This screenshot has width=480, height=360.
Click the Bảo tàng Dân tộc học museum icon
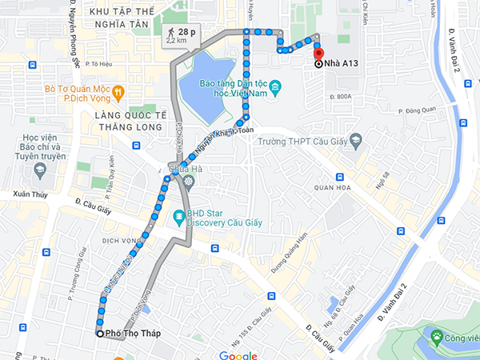tap(274, 86)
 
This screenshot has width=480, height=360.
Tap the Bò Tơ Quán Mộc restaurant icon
tap(118, 91)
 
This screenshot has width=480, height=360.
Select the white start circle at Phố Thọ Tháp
tap(100, 334)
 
